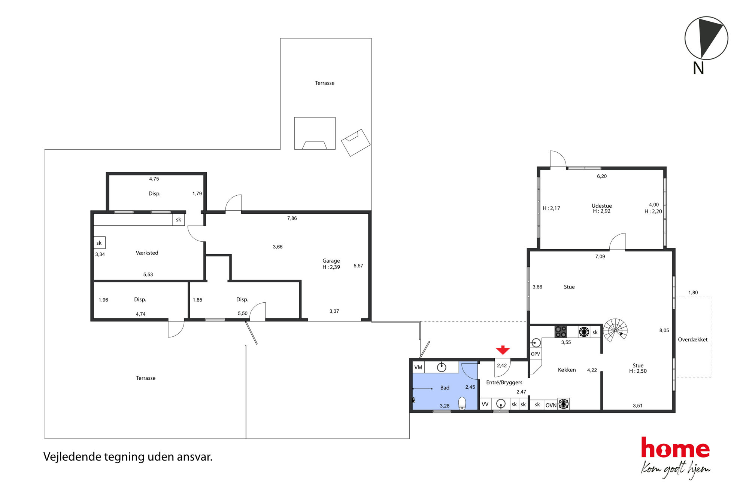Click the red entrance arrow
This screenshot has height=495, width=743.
coord(503,350)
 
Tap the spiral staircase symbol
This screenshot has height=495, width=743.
coord(615,330)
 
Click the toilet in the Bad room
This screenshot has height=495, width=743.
coord(462,403)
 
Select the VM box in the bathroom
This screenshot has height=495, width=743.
coord(418,367)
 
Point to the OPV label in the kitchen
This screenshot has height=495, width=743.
coord(536,354)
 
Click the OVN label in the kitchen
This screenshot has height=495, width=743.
coord(551,405)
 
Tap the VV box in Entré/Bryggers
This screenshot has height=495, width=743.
coord(485,404)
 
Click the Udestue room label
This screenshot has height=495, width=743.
coord(602,206)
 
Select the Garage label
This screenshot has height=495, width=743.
coord(331,261)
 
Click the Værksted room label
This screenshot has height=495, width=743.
coord(147,253)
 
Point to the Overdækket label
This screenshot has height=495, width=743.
coord(693,340)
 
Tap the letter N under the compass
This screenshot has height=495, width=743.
coord(698,68)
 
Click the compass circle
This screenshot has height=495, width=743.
coord(706,38)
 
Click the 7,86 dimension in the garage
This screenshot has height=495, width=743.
coord(292,218)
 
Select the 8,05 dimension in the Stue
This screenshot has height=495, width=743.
coord(664,330)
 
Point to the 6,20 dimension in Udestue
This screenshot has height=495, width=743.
coord(602,176)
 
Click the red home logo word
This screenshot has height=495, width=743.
coord(675,447)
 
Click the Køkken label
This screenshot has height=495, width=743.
coord(567,370)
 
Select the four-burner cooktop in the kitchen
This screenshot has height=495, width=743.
coord(561,332)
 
